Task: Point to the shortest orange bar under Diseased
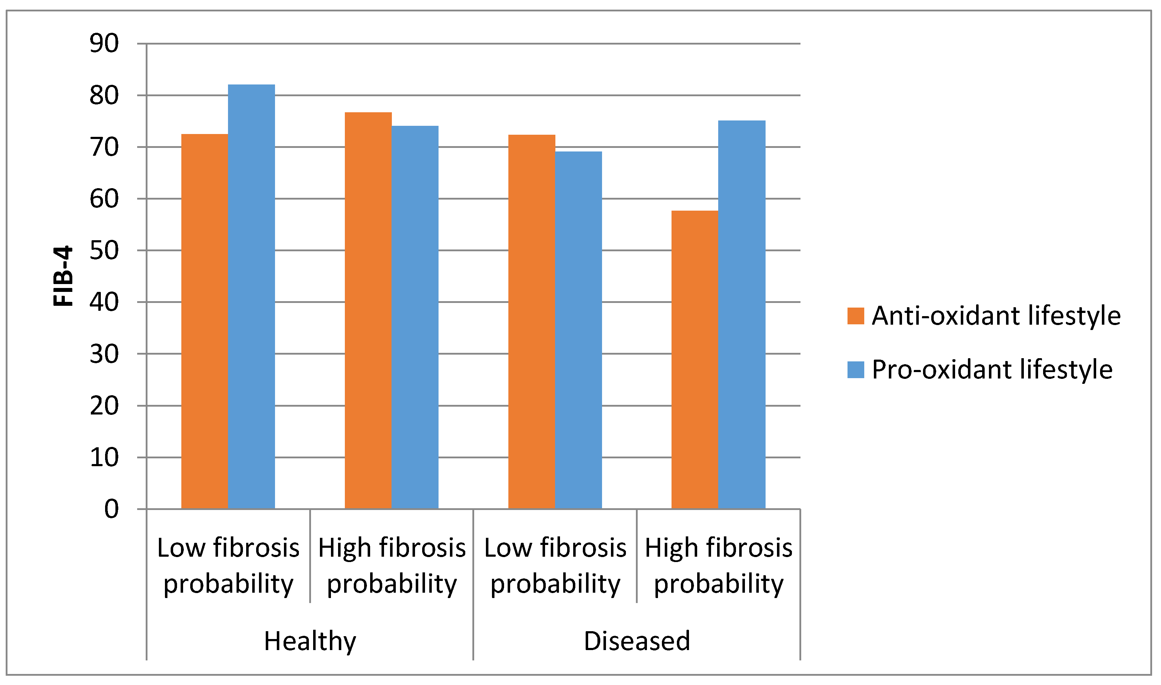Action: click(x=695, y=360)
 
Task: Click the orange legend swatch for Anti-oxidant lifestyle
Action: click(x=856, y=316)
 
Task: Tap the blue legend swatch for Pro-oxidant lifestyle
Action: click(x=856, y=370)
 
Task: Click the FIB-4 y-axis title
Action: click(x=63, y=276)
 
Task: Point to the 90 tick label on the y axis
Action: click(x=104, y=44)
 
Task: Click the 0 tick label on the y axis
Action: click(x=111, y=510)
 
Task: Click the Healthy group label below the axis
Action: click(x=310, y=642)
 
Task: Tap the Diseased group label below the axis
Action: click(x=637, y=642)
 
